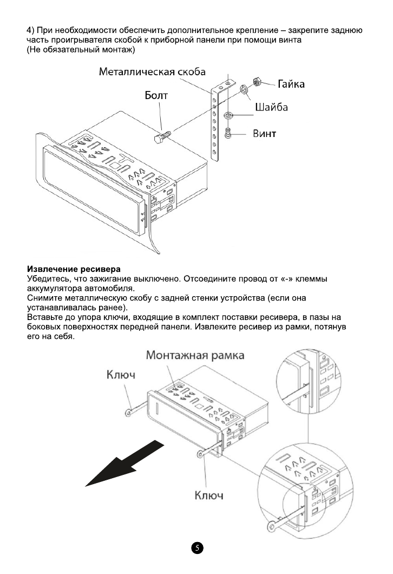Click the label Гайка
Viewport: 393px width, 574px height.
tap(291, 84)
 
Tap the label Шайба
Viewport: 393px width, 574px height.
tap(271, 107)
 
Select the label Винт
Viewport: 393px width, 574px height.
tap(265, 133)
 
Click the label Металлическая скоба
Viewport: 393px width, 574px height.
tap(152, 73)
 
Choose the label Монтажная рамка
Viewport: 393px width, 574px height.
tap(195, 355)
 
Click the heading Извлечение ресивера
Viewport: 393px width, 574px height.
tap(73, 269)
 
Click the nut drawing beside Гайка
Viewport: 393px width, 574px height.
tap(258, 82)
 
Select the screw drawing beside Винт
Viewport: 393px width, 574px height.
tap(228, 132)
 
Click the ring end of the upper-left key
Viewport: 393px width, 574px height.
tap(128, 413)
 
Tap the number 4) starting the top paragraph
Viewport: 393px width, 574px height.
tap(31, 30)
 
